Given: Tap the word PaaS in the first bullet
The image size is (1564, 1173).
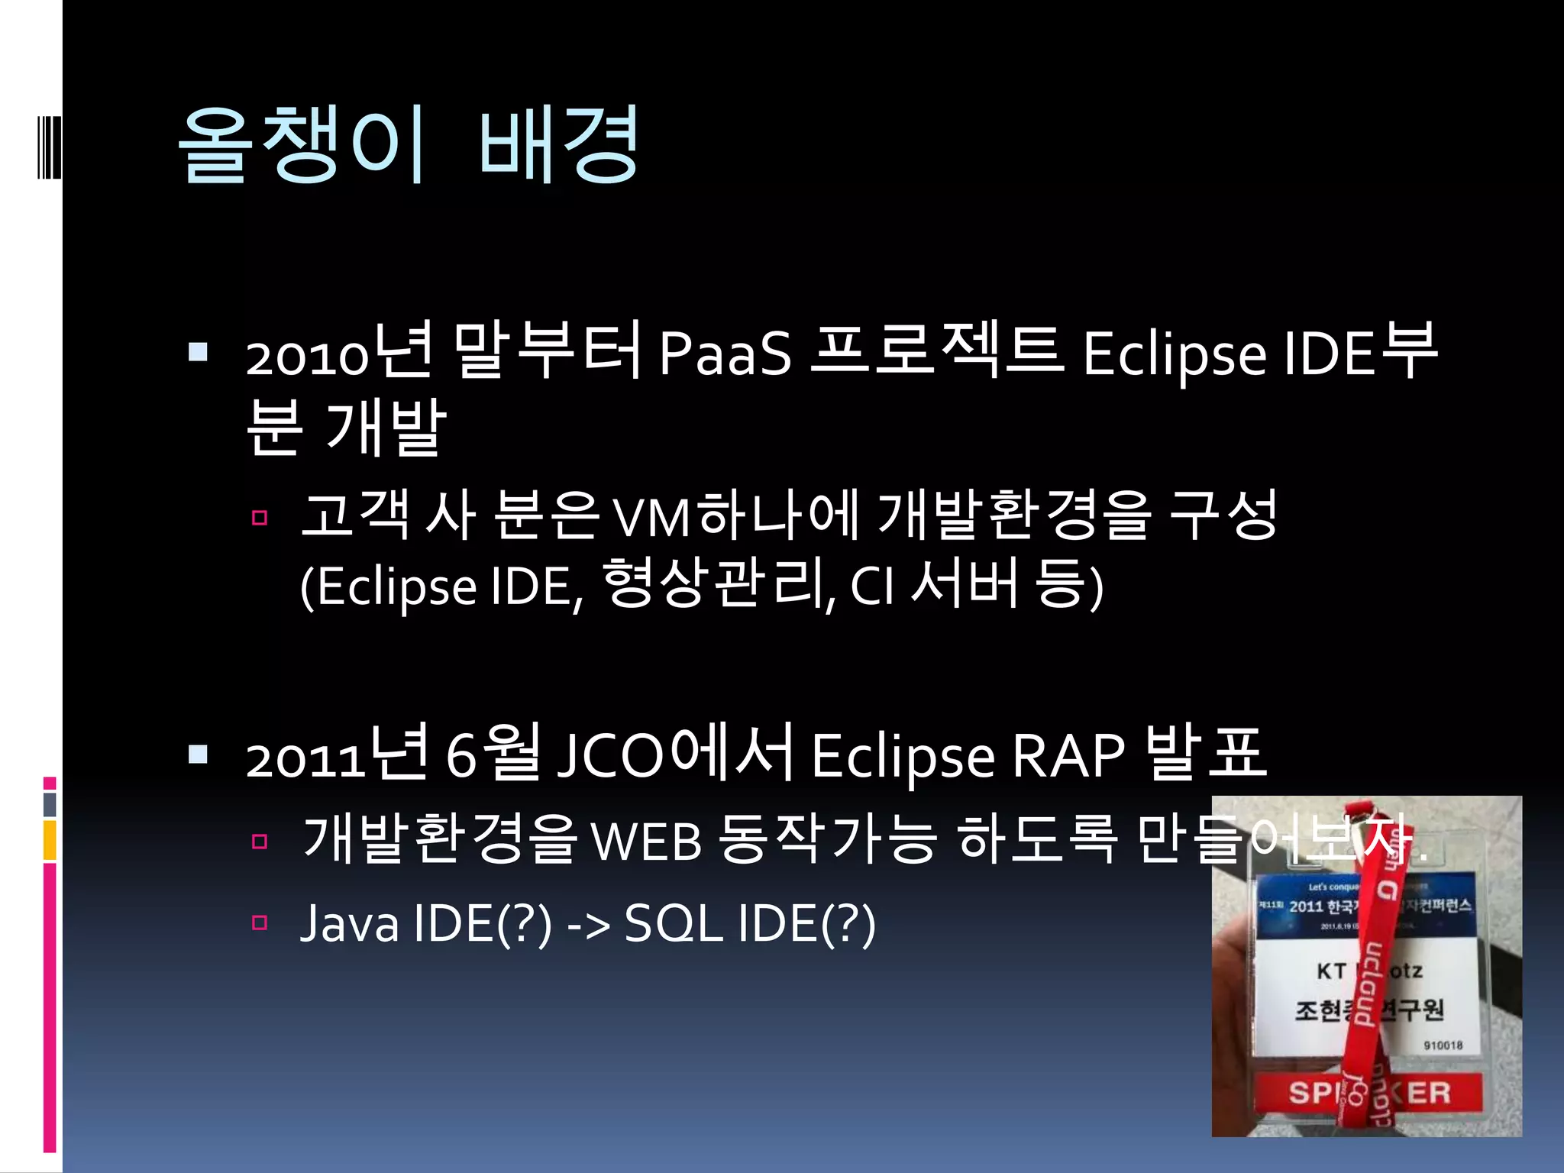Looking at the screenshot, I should click(725, 354).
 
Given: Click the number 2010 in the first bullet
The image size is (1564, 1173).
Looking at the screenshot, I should click(307, 357).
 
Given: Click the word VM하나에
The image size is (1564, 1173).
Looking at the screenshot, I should click(737, 516).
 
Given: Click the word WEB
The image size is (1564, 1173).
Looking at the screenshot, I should click(646, 842).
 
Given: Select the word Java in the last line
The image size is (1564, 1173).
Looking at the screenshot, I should click(350, 924).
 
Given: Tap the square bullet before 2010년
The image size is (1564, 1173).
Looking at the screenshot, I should click(199, 352).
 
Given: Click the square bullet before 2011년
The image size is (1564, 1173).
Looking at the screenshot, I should click(199, 755).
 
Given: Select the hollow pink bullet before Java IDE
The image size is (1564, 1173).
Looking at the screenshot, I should click(260, 923).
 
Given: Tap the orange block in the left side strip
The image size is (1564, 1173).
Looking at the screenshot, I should click(50, 840).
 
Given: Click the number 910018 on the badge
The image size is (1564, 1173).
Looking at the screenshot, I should click(1443, 1045).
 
